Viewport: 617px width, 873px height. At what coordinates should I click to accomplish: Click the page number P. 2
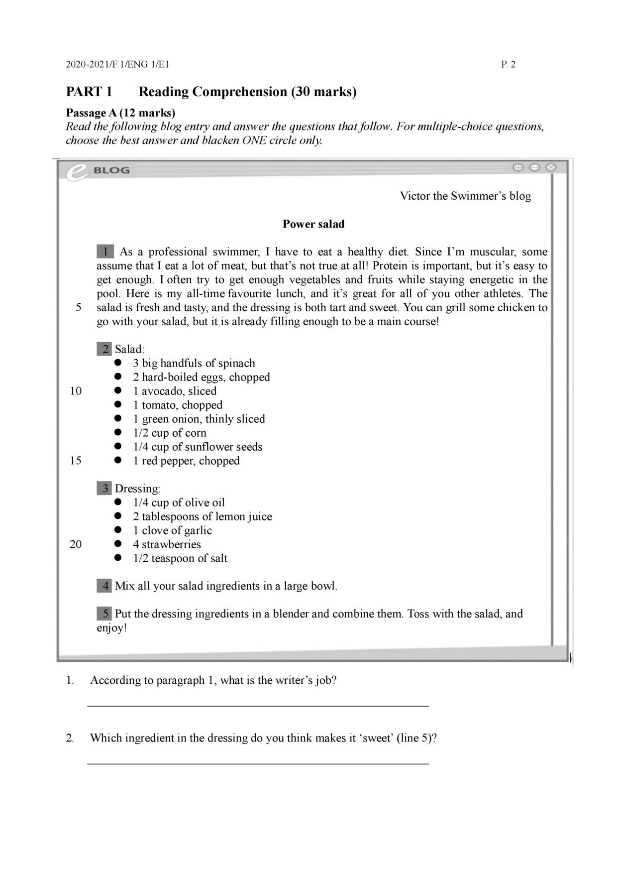point(508,64)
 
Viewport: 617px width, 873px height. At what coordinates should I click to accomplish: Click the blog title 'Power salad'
point(313,224)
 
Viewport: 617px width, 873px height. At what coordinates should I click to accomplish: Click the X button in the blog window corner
point(550,167)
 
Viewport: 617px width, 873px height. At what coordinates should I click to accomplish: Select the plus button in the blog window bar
point(518,167)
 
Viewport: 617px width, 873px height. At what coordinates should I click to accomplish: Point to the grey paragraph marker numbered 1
point(105,251)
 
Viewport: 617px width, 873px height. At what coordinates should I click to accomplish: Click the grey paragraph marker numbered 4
point(104,586)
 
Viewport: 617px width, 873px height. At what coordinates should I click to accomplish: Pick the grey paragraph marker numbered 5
point(104,614)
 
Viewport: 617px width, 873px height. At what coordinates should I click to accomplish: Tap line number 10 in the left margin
point(76,391)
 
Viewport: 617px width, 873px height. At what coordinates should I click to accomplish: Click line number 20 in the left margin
point(76,544)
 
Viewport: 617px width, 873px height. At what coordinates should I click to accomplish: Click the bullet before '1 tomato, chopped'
point(118,405)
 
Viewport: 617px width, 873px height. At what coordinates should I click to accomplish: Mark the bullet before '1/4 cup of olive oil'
point(118,502)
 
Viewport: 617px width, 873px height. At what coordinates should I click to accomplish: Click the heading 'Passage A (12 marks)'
point(120,113)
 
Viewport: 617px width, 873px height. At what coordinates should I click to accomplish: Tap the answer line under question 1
point(258,705)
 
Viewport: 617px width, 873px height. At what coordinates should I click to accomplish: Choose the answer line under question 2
point(258,763)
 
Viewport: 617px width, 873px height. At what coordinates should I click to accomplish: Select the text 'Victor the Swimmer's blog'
point(465,196)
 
